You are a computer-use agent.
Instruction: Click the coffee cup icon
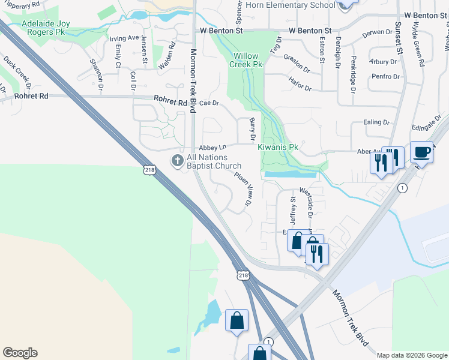[422, 152]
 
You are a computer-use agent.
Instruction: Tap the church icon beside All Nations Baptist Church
[177, 161]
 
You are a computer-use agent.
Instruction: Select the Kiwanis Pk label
[278, 147]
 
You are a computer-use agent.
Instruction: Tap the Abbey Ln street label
[212, 147]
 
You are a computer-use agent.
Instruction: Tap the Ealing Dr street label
[377, 122]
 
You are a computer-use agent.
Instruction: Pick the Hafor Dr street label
[300, 88]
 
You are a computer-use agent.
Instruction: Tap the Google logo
[20, 353]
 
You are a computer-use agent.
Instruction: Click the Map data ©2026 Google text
[412, 355]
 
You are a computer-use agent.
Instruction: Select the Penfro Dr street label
[385, 77]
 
